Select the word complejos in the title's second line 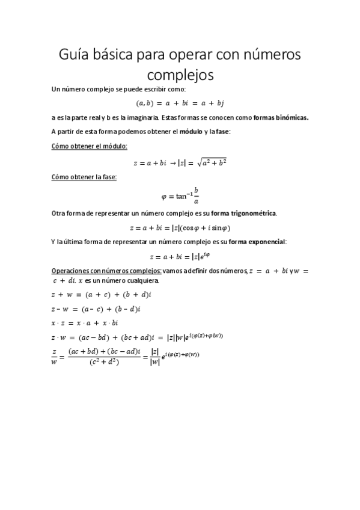[x=180, y=76]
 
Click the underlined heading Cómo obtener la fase [x=84, y=177]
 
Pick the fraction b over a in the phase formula [x=196, y=195]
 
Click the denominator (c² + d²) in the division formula [x=105, y=361]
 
